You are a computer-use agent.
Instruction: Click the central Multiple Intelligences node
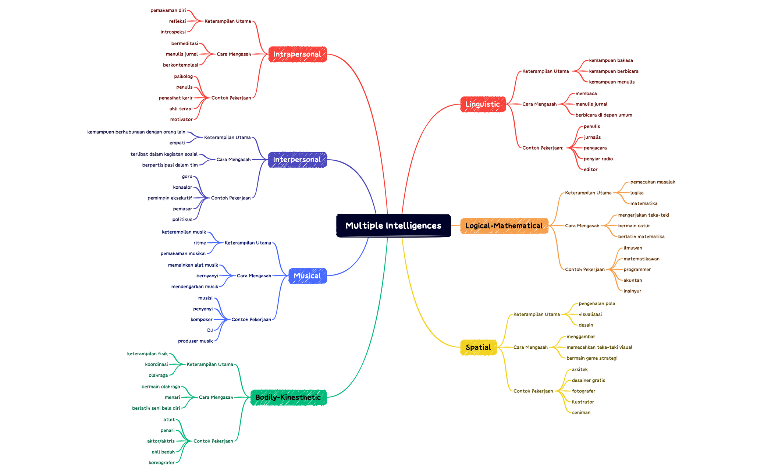click(x=393, y=225)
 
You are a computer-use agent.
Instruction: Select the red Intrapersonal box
click(x=297, y=54)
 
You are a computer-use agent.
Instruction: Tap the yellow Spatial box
click(x=478, y=347)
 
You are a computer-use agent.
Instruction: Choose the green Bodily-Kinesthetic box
click(x=288, y=397)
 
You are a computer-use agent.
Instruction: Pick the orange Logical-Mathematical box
click(x=504, y=226)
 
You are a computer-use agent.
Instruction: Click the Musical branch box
click(x=307, y=276)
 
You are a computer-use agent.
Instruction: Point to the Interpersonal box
click(x=297, y=160)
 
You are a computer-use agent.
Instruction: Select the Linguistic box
click(x=483, y=104)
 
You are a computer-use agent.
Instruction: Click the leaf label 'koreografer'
click(x=161, y=462)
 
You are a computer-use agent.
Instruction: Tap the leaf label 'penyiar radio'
click(x=598, y=159)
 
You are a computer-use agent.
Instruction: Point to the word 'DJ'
click(x=210, y=330)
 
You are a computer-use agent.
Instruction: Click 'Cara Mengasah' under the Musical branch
click(x=254, y=276)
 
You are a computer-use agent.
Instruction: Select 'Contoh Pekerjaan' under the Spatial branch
click(x=533, y=391)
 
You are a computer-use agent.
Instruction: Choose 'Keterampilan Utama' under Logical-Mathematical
click(x=588, y=193)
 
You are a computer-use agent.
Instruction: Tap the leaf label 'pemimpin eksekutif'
click(x=170, y=198)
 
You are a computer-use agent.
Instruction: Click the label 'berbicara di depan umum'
click(x=604, y=115)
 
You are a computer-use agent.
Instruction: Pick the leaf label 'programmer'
click(x=637, y=270)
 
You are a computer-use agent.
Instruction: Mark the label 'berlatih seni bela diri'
click(x=156, y=408)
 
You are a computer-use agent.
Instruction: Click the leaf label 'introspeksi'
click(x=173, y=32)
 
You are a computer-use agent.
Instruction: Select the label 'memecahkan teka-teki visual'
click(x=599, y=347)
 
